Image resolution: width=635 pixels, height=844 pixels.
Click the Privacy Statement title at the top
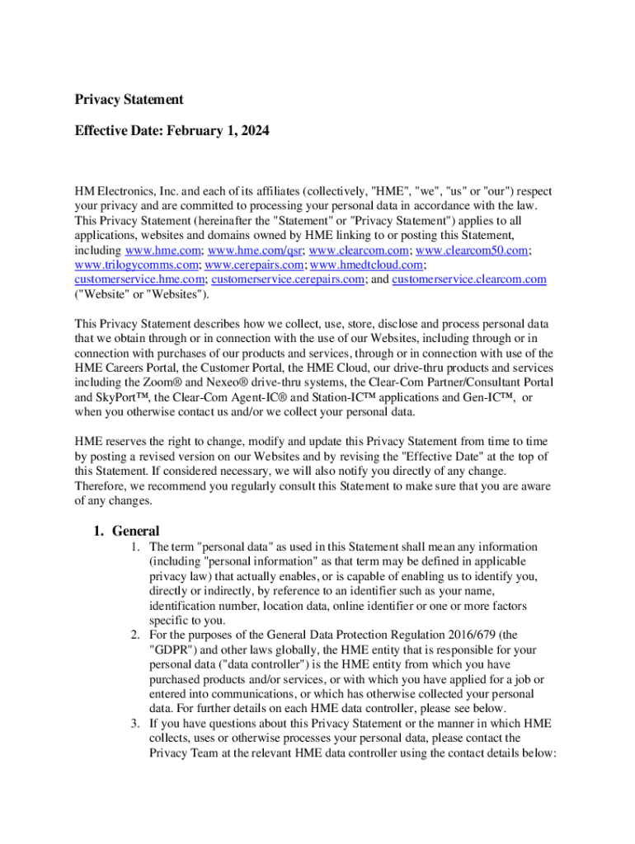[129, 100]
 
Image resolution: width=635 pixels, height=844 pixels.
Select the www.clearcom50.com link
[472, 250]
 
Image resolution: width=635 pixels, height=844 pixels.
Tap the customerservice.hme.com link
[140, 279]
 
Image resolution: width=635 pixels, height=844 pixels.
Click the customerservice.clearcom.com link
[468, 279]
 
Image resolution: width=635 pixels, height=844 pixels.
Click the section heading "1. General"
[126, 532]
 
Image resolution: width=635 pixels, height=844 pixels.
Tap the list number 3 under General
[135, 723]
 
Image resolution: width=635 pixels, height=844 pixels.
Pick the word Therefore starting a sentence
[101, 486]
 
